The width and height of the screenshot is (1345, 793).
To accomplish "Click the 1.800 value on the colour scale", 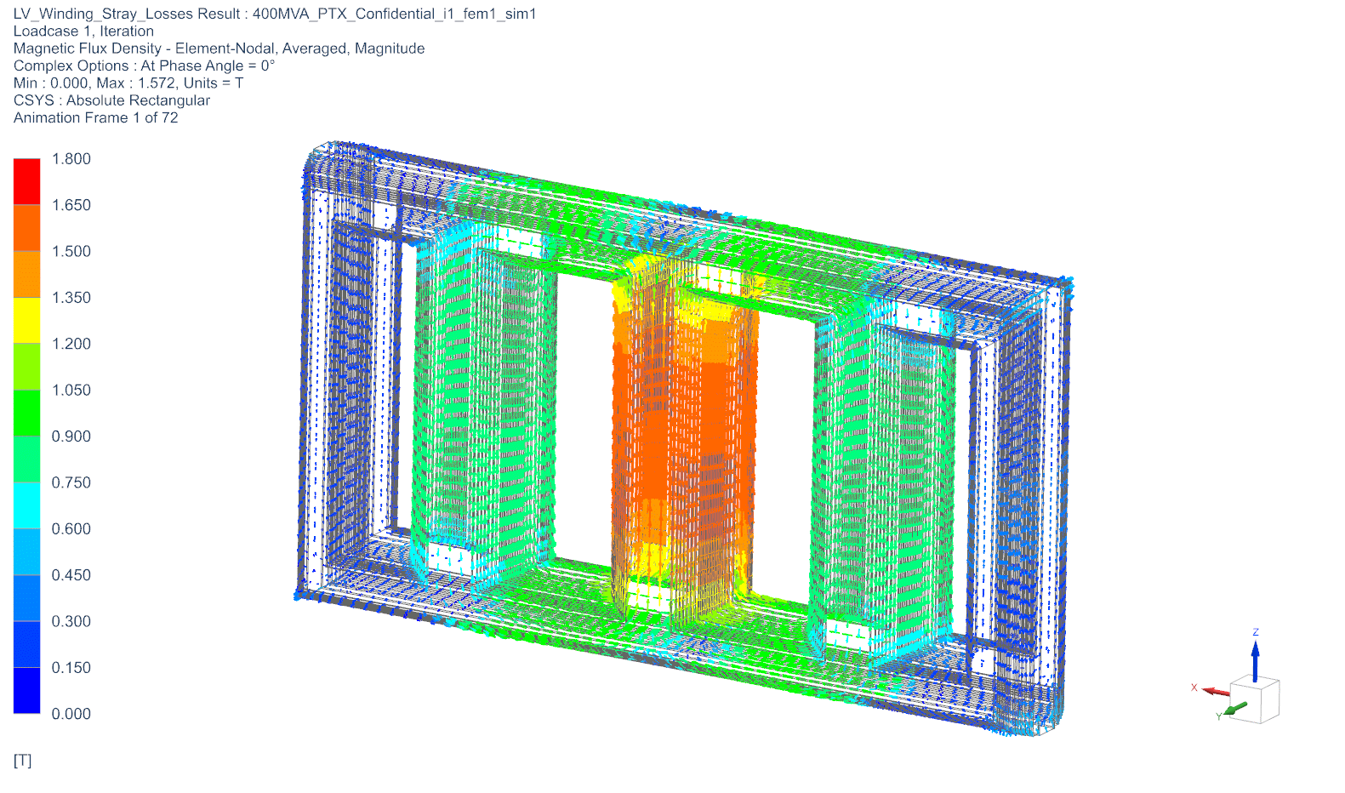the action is click(x=71, y=158).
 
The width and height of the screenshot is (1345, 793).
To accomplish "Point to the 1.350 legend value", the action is click(x=71, y=298).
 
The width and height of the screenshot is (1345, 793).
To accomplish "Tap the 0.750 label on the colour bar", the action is click(x=71, y=482).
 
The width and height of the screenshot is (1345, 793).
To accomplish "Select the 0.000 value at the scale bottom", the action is click(x=71, y=714).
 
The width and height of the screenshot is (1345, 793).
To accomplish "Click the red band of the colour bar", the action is click(x=27, y=181).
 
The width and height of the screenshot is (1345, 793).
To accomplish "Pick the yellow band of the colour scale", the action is click(x=27, y=320).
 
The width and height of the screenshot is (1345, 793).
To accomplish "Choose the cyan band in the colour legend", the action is click(x=27, y=505).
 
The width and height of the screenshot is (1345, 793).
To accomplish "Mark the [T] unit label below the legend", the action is click(x=22, y=761).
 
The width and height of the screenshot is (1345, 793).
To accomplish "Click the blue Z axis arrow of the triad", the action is click(x=1255, y=661).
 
